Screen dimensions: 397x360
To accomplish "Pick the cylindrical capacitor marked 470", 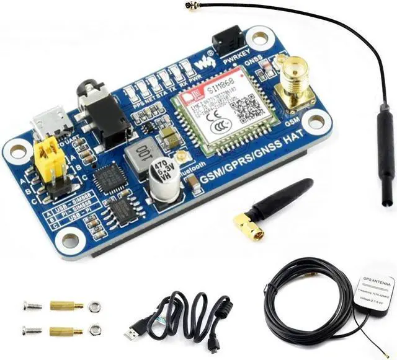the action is (159, 173).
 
